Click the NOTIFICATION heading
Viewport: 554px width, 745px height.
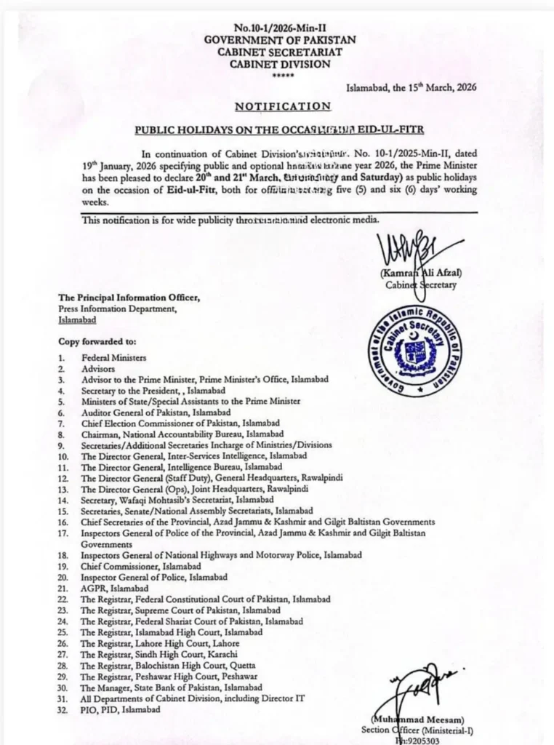tap(283, 106)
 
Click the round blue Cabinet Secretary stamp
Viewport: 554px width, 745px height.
tap(414, 350)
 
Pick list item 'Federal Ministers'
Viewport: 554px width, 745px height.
tap(113, 358)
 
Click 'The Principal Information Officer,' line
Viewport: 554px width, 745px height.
tap(129, 298)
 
